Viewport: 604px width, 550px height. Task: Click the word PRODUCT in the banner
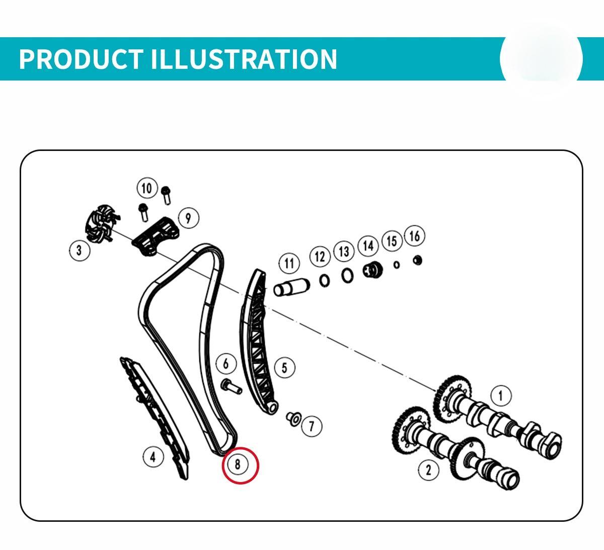coord(81,59)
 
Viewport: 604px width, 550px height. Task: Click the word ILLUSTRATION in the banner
coord(244,59)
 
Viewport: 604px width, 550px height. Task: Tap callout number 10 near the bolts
coord(147,188)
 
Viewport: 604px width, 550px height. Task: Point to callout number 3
coord(79,250)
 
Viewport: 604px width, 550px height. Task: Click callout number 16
coord(415,236)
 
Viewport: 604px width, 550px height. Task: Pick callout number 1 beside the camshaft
coord(501,396)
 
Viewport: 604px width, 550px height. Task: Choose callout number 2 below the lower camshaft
coord(429,469)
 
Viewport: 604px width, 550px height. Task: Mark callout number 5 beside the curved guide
coord(284,367)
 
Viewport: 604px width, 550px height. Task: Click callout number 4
coord(153,457)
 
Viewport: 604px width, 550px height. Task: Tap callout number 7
coord(312,426)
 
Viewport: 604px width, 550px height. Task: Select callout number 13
coord(344,252)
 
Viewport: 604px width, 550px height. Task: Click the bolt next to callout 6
coord(231,387)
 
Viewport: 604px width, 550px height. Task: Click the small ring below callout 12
coord(324,281)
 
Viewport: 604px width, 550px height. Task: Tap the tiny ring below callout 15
coord(397,265)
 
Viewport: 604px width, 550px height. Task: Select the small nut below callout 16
coord(417,260)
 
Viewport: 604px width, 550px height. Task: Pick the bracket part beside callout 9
coord(156,237)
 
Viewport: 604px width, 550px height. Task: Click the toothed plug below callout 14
coord(372,270)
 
